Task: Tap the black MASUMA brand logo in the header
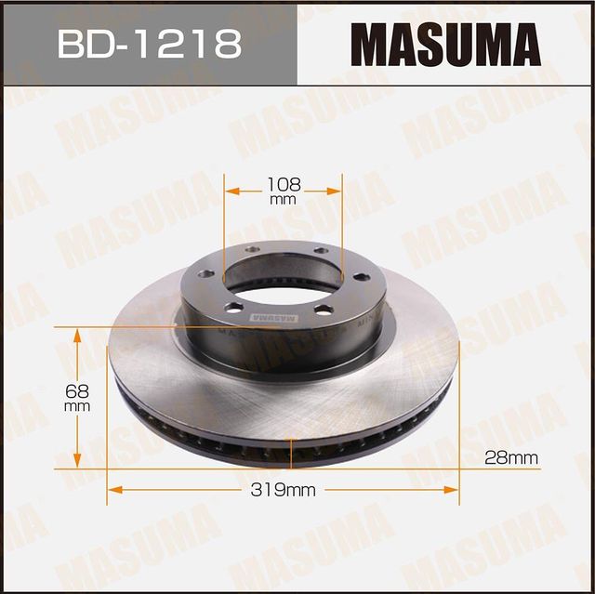444,43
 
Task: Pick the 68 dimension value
78,389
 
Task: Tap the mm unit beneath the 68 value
78,406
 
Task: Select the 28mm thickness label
511,457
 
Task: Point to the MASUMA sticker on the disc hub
270,316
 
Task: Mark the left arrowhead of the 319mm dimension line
113,489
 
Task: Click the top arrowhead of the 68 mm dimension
77,333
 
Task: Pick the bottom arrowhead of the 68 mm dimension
77,463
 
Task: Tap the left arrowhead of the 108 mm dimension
229,191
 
